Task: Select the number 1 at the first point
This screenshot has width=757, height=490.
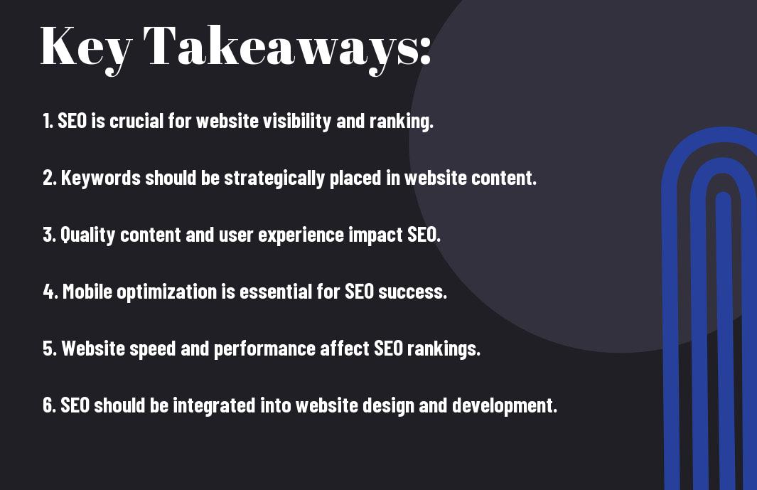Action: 48,121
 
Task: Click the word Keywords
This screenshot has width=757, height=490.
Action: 101,178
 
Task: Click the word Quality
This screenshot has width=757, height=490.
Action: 88,235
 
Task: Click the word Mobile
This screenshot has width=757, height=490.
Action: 87,292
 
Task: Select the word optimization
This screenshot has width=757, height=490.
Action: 166,292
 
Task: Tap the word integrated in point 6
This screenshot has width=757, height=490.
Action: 214,405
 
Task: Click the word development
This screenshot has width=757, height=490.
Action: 505,405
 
